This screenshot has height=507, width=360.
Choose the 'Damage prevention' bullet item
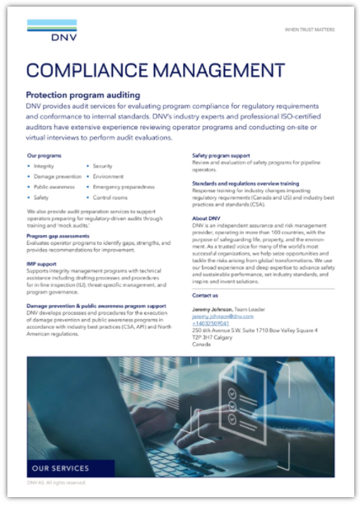tap(57, 176)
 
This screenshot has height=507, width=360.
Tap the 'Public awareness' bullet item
tap(55, 187)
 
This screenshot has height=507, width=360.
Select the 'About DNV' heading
tap(207, 219)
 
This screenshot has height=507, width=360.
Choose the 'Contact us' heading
tap(205, 294)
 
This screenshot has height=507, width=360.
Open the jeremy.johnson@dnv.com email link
tap(222, 316)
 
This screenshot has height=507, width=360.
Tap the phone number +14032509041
tap(212, 323)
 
